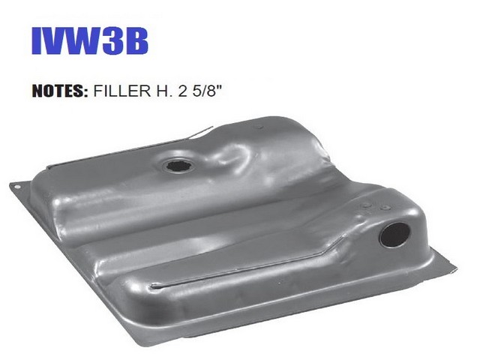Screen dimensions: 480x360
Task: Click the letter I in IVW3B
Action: pos(37,41)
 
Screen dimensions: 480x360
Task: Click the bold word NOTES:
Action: pos(60,91)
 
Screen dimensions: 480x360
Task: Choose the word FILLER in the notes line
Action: pos(122,91)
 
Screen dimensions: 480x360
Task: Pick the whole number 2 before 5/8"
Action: pos(182,91)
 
